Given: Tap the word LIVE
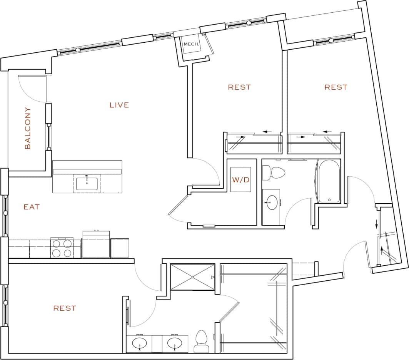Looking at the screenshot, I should [119, 105].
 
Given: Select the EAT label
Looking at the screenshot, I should [32, 207].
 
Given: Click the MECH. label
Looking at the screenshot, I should [192, 44].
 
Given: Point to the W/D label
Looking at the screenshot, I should [240, 179].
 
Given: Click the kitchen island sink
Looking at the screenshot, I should [87, 183].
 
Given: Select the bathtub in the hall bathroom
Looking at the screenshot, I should [329, 181].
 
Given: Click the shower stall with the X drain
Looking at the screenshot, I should [192, 276].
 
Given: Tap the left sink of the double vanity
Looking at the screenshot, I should [139, 342].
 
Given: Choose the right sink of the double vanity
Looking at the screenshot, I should [175, 342].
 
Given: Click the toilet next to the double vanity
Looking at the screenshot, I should [201, 341].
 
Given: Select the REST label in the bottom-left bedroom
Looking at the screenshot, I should [65, 308].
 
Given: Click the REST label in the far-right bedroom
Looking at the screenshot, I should [336, 87].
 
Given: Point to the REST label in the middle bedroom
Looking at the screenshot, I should [239, 87].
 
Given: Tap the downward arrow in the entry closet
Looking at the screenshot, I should [377, 224].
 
